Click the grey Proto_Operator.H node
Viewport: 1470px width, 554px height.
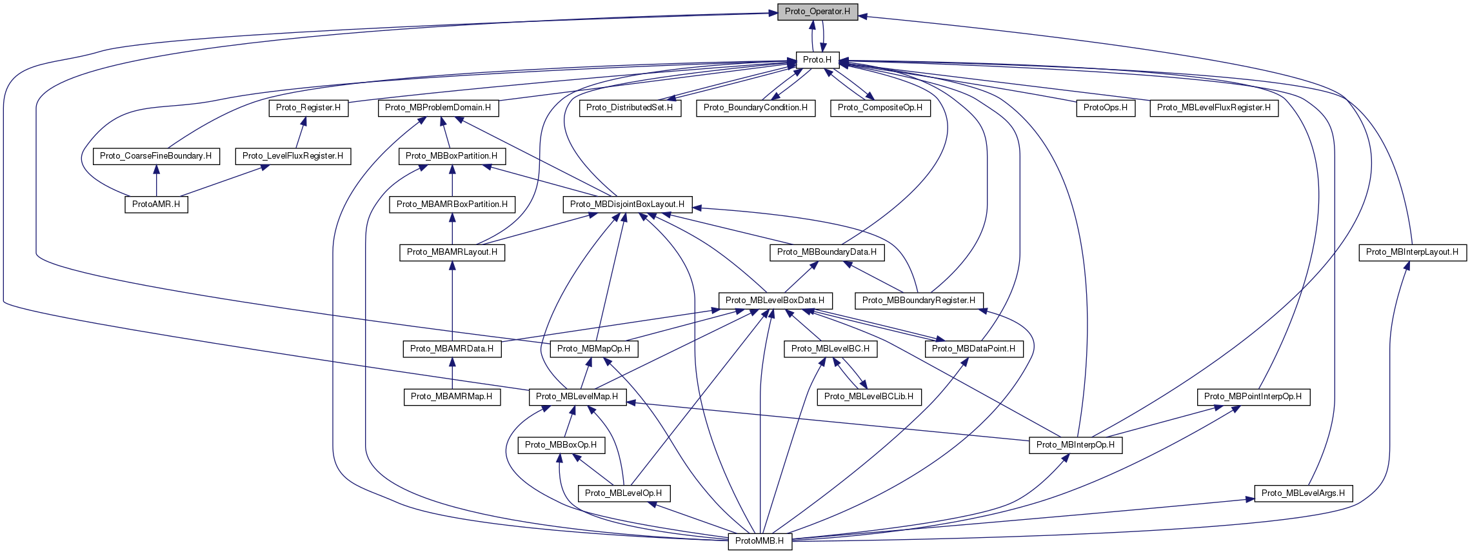(x=817, y=12)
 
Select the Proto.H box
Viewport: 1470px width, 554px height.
(x=817, y=60)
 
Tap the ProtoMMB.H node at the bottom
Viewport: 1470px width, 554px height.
(x=759, y=541)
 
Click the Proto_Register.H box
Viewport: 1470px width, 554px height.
(x=308, y=108)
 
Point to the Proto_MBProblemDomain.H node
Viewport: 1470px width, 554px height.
(x=438, y=108)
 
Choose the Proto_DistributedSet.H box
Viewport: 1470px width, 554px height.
(x=630, y=108)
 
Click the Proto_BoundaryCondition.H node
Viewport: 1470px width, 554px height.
(x=755, y=108)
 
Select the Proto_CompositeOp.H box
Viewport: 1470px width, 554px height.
(x=880, y=108)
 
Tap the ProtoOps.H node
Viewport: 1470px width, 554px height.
(x=1106, y=108)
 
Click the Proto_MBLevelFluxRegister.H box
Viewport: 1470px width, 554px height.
(x=1214, y=108)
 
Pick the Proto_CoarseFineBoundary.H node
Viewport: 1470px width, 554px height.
(x=155, y=156)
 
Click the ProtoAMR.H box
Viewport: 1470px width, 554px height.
(x=156, y=204)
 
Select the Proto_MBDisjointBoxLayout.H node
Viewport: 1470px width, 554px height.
(x=628, y=204)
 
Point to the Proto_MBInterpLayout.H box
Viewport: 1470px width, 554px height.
(x=1412, y=252)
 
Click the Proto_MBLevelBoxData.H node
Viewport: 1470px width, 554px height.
(x=775, y=301)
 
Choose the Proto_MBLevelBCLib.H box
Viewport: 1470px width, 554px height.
(x=869, y=397)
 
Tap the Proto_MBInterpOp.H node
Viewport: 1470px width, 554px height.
(x=1075, y=445)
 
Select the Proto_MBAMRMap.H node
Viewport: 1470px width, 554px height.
(x=452, y=397)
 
